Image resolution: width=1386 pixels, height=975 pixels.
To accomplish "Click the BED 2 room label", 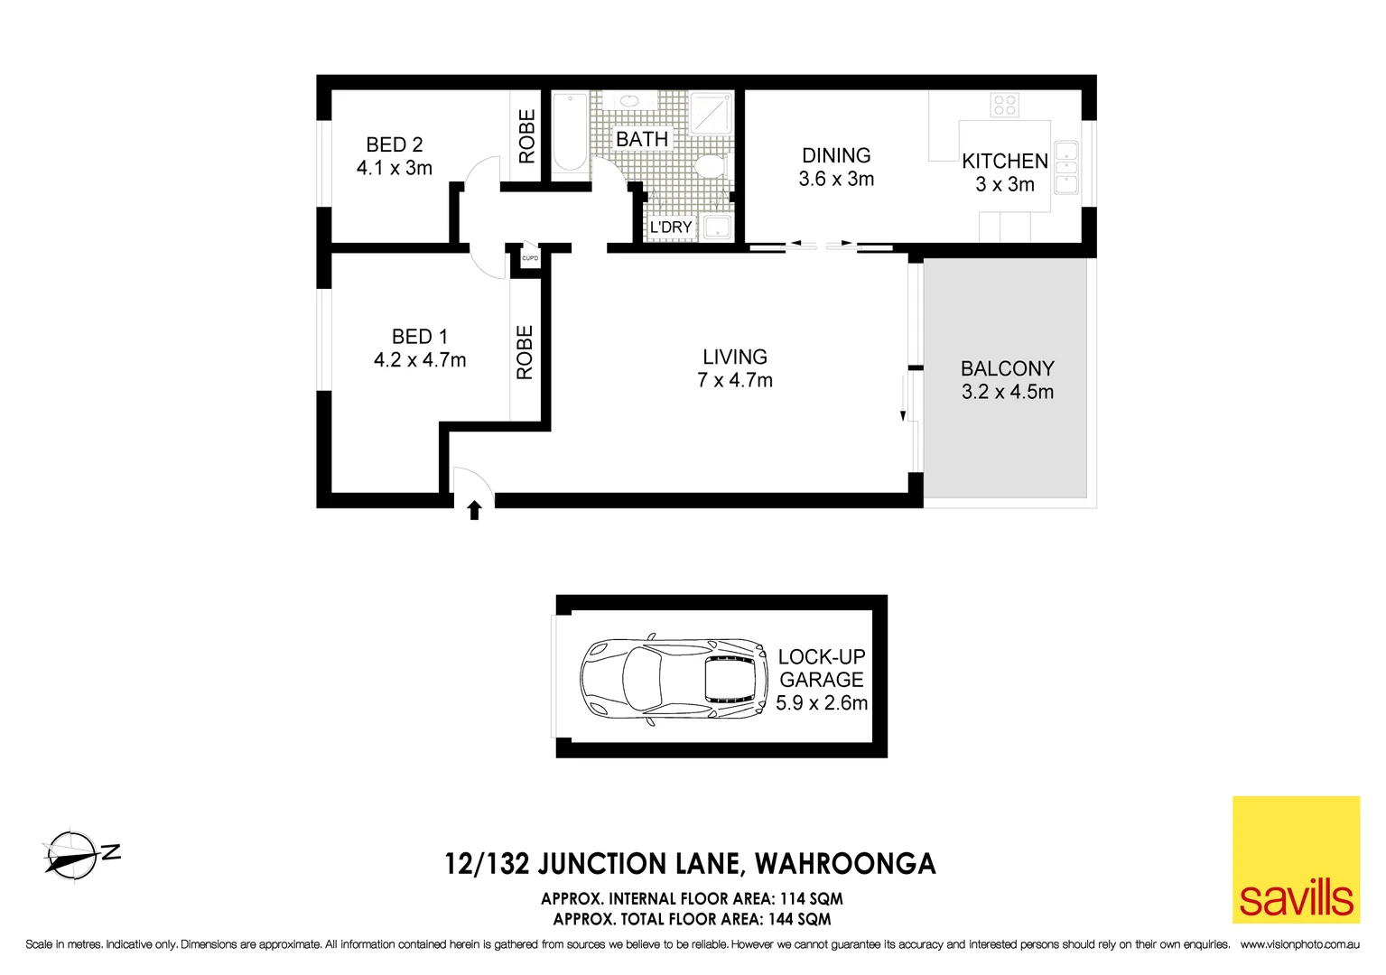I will [x=394, y=144].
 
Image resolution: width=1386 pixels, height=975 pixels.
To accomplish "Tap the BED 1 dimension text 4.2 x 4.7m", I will [x=420, y=360].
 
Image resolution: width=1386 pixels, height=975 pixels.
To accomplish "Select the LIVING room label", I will [x=735, y=357].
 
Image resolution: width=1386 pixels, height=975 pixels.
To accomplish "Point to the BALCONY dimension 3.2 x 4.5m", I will [x=1007, y=392].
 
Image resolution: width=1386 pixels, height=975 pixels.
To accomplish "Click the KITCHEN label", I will [x=1004, y=162].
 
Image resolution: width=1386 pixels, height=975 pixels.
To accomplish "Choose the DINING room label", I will [x=836, y=155].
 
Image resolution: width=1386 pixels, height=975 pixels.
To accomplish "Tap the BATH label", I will [x=642, y=139].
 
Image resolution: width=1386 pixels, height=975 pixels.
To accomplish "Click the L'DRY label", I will [x=671, y=227].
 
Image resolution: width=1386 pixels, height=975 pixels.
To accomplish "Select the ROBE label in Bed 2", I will [x=527, y=136].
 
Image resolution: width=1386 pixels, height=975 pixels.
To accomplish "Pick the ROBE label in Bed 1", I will [x=525, y=352].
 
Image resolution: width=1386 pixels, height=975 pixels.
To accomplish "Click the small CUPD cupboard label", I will [x=530, y=258].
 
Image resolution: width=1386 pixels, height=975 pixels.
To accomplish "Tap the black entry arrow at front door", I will [x=474, y=511].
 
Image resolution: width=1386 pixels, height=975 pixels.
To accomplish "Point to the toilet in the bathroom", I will [x=711, y=166].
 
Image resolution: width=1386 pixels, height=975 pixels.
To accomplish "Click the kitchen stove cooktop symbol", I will [x=1004, y=105].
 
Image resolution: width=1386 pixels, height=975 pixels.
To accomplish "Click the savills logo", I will [x=1296, y=859].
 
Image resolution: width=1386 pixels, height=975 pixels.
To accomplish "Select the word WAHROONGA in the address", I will [x=845, y=864].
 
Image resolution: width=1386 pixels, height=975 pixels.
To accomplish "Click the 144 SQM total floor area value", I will [x=799, y=919].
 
